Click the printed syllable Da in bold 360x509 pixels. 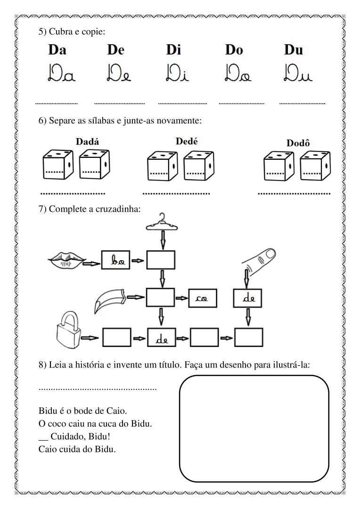click(57, 50)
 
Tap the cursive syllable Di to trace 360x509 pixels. click(176, 74)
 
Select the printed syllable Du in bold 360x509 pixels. click(293, 50)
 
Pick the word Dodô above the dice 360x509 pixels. click(298, 142)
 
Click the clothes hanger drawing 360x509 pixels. click(163, 222)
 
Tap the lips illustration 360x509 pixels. click(66, 258)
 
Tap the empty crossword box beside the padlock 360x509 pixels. click(116, 337)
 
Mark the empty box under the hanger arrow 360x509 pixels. click(161, 260)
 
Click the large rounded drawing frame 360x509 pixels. click(254, 428)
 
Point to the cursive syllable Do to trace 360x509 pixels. click(234, 74)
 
